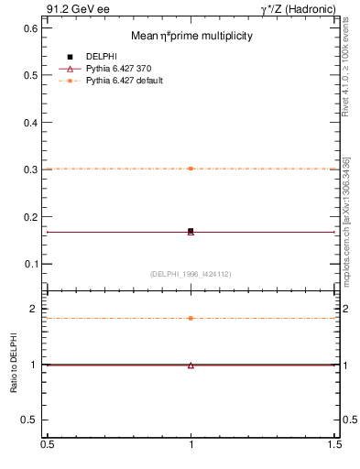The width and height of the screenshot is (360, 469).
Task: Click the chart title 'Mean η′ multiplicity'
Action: [x=191, y=36]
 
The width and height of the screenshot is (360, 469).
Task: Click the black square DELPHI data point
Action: [x=191, y=231]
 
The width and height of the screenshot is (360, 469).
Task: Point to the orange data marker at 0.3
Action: [x=191, y=169]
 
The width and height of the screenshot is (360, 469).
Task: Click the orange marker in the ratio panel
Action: [x=191, y=318]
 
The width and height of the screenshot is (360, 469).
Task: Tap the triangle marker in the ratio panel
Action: [x=191, y=365]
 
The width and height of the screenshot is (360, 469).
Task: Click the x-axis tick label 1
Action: [x=191, y=444]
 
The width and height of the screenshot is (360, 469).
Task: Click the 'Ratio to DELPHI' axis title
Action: [x=14, y=364]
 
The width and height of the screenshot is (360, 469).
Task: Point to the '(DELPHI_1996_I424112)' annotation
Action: [x=191, y=274]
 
